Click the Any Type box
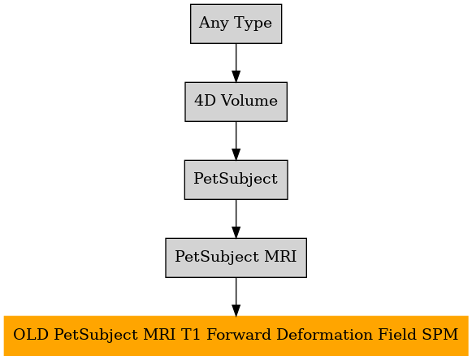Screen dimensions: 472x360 [x=236, y=24]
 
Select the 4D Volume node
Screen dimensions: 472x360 [x=236, y=102]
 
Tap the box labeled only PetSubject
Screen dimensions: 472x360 [x=236, y=180]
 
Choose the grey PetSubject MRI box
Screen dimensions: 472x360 [x=236, y=258]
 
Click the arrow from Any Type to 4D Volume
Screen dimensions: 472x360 [x=236, y=63]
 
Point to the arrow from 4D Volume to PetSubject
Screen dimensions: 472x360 [x=236, y=141]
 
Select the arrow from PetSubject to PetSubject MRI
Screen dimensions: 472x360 [x=236, y=219]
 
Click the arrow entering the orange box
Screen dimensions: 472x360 [x=236, y=297]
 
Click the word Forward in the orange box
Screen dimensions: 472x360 [x=239, y=335]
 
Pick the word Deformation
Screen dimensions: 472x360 [x=324, y=335]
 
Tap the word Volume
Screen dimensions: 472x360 [x=249, y=100]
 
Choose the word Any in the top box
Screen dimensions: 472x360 [x=214, y=24]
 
